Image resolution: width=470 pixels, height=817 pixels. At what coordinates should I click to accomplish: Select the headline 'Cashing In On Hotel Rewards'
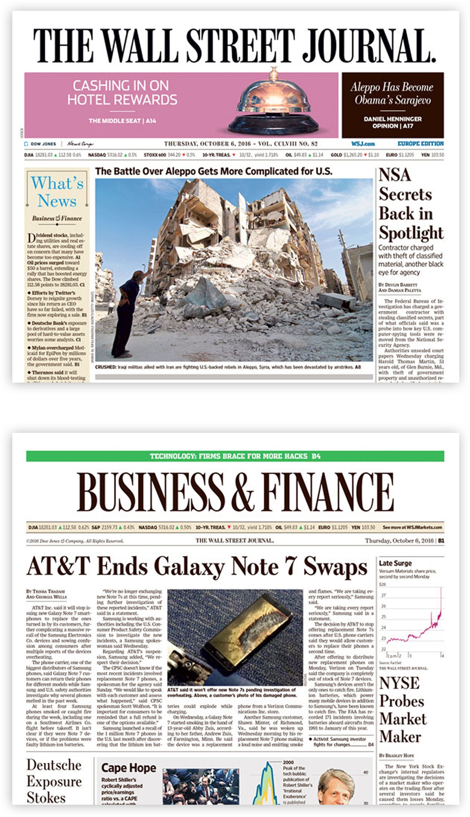click(122, 93)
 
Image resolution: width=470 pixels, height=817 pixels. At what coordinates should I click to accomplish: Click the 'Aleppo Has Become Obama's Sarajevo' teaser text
click(392, 93)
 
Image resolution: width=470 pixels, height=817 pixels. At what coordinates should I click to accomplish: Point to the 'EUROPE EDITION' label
click(420, 144)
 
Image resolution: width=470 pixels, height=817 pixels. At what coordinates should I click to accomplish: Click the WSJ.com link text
click(363, 144)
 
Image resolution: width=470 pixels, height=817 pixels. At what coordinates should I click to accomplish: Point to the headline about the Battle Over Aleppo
click(213, 171)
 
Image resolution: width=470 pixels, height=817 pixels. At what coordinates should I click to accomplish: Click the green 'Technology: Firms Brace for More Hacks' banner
click(235, 456)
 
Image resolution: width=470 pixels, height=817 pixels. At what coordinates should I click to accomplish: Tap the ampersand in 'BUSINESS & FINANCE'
click(242, 492)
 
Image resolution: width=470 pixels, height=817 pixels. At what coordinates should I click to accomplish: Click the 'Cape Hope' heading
click(128, 768)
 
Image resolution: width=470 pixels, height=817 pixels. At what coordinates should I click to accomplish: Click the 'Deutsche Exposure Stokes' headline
click(54, 781)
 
